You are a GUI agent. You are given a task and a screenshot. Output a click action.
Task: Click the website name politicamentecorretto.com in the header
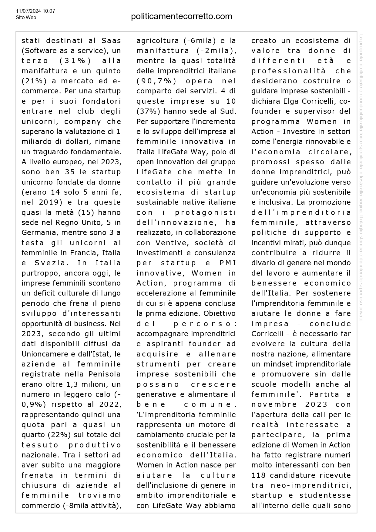coord(181,16)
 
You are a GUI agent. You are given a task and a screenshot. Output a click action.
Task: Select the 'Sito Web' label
coord(26,18)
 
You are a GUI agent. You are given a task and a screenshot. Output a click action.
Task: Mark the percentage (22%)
coord(59,435)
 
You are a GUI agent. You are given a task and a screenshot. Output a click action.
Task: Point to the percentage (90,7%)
coord(153,81)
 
